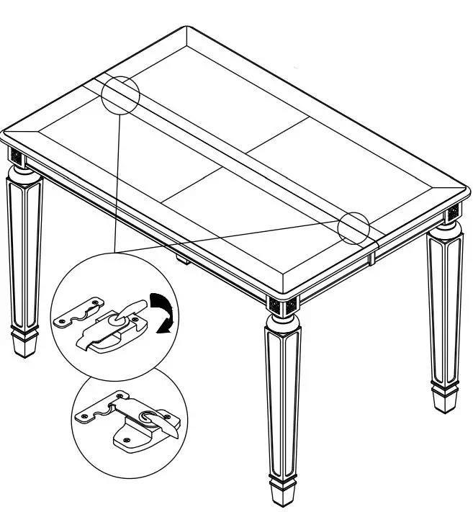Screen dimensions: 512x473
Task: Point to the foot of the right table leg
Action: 443,398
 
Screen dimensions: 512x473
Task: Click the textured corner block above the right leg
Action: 452,214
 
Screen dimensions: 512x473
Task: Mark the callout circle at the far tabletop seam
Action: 120,94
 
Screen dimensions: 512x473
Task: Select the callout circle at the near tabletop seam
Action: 353,228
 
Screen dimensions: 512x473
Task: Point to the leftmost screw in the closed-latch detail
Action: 86,416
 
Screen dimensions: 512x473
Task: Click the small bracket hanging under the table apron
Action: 182,257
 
